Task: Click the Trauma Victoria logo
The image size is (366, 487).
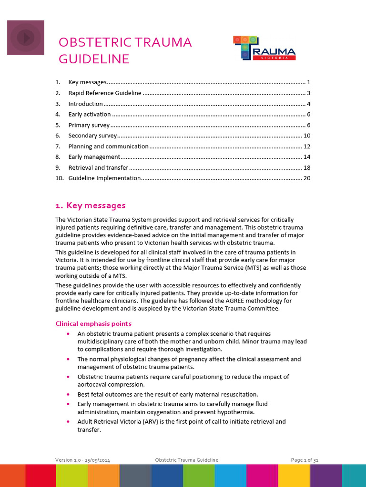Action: pos(264,48)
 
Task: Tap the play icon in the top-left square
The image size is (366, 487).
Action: pos(25,37)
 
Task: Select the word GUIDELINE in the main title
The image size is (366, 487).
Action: pos(94,59)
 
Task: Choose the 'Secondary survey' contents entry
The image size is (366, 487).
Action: pos(92,136)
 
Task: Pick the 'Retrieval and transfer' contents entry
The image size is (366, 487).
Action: pos(98,168)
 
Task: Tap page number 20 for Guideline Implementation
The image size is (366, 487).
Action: pos(307,178)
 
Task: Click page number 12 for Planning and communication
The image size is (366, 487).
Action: pos(307,146)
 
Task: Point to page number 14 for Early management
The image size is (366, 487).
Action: pos(307,157)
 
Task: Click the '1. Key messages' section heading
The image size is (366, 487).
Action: pos(91,205)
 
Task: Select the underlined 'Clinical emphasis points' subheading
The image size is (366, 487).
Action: pos(93,324)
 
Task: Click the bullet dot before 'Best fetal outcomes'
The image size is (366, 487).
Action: pos(70,394)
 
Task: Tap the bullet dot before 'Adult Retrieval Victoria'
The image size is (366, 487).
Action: pos(70,421)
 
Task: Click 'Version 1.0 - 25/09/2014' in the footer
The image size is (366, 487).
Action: pos(86,460)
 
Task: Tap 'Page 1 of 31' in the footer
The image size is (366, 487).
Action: pos(305,460)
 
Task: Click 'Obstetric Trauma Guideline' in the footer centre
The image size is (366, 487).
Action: pos(187,460)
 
